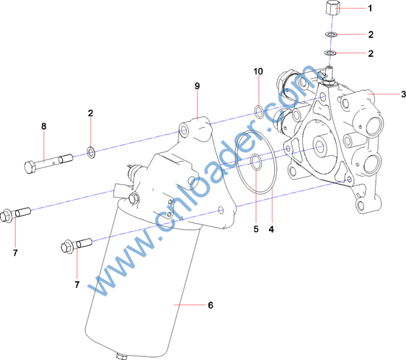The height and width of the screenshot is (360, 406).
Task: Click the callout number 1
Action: point(370,8)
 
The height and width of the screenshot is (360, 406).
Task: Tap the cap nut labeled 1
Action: point(332,7)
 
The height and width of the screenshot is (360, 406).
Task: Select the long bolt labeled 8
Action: point(48,164)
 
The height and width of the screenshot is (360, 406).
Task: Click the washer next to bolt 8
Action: point(91,152)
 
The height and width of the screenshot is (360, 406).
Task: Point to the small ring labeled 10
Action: point(259,112)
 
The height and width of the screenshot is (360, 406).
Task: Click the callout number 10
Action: point(258,71)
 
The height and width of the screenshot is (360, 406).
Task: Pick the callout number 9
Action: point(198,86)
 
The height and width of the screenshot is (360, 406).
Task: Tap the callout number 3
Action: point(403,94)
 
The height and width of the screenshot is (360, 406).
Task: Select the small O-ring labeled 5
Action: point(256,162)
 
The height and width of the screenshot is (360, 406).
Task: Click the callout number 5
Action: point(256,229)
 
